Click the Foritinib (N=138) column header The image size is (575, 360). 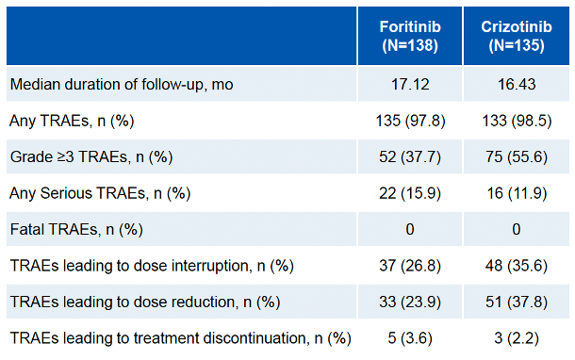point(410,36)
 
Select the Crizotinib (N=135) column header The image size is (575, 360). point(517,36)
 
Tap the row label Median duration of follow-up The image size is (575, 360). point(122,84)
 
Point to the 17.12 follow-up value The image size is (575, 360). point(410,84)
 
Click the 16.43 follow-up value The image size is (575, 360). point(517,84)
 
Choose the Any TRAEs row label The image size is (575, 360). point(72,121)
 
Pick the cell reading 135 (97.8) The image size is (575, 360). point(410,121)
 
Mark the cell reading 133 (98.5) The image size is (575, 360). point(517,121)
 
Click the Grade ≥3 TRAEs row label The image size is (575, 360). point(91,156)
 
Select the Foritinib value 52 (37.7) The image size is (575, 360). point(410,156)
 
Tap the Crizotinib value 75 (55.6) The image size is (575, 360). point(517,156)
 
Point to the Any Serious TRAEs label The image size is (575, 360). point(100,193)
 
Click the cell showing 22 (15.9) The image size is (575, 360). point(410,193)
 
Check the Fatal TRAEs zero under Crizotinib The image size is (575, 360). point(517,229)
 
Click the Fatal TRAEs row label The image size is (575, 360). point(76,230)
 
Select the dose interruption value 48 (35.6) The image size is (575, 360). point(517,266)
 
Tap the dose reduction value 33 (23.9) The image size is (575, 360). point(410,302)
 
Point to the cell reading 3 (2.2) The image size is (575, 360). point(517,338)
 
